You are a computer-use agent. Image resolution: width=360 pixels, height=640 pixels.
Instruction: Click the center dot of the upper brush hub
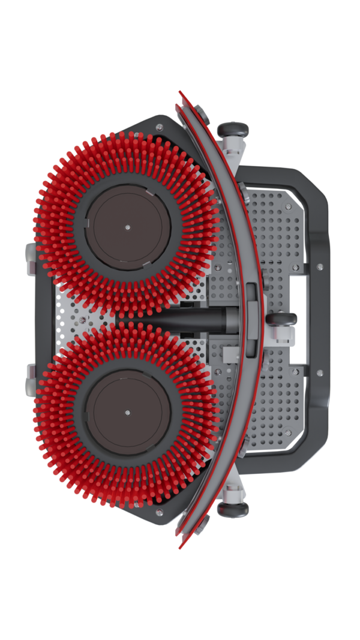coord(127,227)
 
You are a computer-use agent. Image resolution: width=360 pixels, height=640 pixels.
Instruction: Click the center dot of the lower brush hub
coord(127,412)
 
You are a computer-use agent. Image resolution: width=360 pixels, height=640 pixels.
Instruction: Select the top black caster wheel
coord(233,129)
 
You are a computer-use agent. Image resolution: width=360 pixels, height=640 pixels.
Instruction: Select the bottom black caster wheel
coord(233,509)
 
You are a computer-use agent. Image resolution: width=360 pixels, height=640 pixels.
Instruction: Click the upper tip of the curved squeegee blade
coord(180,94)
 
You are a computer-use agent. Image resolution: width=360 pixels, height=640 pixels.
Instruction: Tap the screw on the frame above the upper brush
coord(159,127)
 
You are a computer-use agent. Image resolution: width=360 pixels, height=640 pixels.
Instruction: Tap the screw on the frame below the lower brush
coord(159,512)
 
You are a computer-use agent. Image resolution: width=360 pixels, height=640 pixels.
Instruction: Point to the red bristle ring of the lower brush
coord(60,456)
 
